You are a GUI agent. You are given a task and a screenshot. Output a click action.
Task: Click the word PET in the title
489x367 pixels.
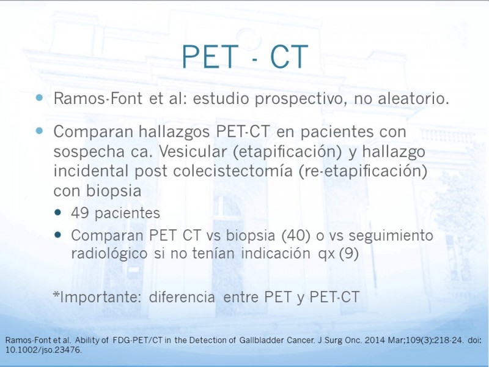tap(210, 56)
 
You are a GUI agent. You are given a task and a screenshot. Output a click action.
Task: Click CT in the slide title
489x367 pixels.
tap(289, 56)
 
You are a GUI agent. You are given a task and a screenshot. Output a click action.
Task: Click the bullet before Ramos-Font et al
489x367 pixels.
tap(39, 98)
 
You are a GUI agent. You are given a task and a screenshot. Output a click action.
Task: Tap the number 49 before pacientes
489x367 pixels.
tap(80, 213)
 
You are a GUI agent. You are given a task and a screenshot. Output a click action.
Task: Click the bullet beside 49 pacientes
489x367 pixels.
tap(57, 213)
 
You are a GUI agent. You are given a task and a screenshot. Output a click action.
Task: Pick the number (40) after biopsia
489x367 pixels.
tap(296, 235)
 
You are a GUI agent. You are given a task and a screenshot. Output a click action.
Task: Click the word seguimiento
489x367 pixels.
tap(391, 235)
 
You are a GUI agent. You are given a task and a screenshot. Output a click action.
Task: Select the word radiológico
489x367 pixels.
tap(109, 253)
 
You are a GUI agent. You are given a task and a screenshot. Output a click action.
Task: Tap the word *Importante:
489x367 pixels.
tap(97, 297)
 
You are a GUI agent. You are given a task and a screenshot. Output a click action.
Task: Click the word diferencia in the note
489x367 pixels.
tap(182, 297)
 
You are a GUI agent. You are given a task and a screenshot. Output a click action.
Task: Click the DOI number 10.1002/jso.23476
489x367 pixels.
tap(43, 350)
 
